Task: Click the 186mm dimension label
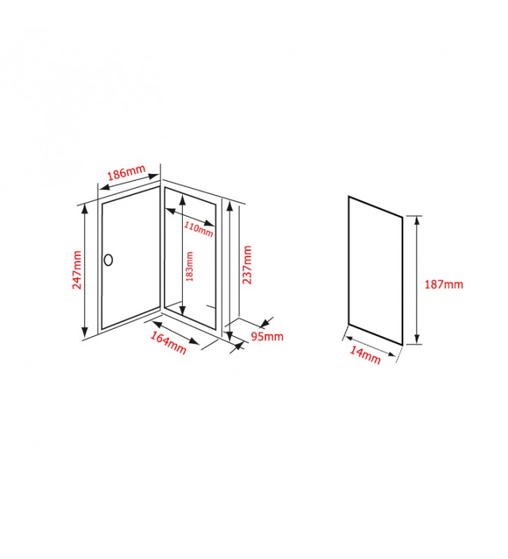pyautogui.click(x=126, y=172)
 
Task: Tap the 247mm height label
pyautogui.click(x=77, y=270)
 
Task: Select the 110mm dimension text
pyautogui.click(x=198, y=229)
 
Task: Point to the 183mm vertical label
pyautogui.click(x=190, y=267)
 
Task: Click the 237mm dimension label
pyautogui.click(x=247, y=265)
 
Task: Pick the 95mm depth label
pyautogui.click(x=267, y=336)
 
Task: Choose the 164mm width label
pyautogui.click(x=168, y=342)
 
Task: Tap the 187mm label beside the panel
pyautogui.click(x=444, y=284)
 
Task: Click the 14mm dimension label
pyautogui.click(x=365, y=355)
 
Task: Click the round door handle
pyautogui.click(x=108, y=260)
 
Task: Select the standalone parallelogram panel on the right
pyautogui.click(x=375, y=271)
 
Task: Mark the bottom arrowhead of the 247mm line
pyautogui.click(x=84, y=333)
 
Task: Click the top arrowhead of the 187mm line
pyautogui.click(x=417, y=221)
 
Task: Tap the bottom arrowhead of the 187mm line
pyautogui.click(x=417, y=339)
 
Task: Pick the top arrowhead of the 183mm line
pyautogui.click(x=183, y=199)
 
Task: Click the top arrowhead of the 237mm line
pyautogui.click(x=230, y=206)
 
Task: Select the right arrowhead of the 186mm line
pyautogui.click(x=154, y=176)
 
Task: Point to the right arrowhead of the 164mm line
pyautogui.click(x=194, y=342)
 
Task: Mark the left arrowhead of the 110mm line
pyautogui.click(x=170, y=212)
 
